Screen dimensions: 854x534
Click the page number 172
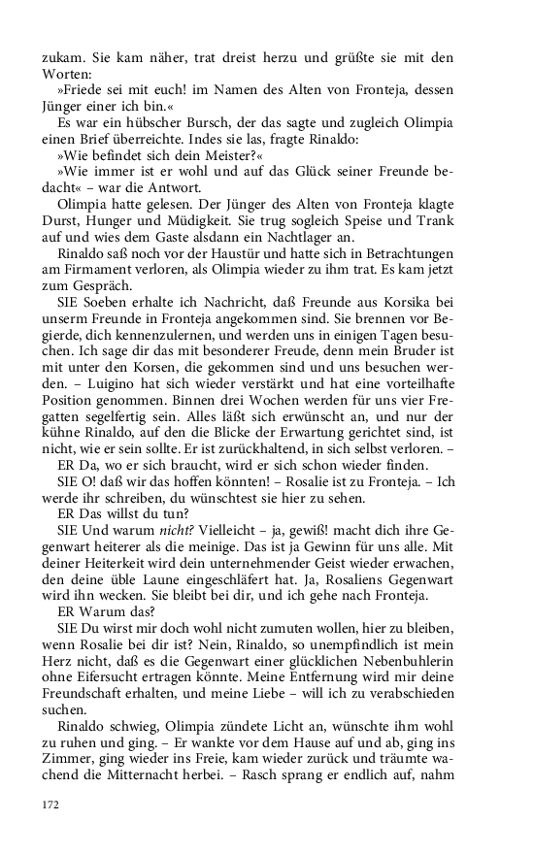(x=50, y=805)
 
